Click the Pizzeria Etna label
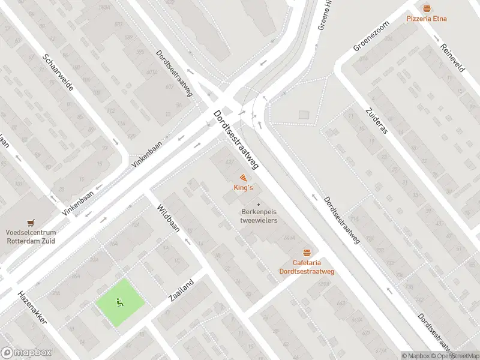pyautogui.click(x=427, y=19)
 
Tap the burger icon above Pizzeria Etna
pyautogui.click(x=427, y=8)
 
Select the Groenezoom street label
pyautogui.click(x=372, y=37)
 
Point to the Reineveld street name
pyautogui.click(x=453, y=58)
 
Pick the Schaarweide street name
pyautogui.click(x=58, y=72)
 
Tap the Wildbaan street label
pyautogui.click(x=169, y=219)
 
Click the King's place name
pyautogui.click(x=243, y=188)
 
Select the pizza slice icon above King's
pyautogui.click(x=243, y=178)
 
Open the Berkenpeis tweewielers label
pyautogui.click(x=259, y=216)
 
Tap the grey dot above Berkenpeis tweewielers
pyautogui.click(x=259, y=204)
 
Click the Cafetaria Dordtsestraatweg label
pyautogui.click(x=307, y=267)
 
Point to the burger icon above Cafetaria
pyautogui.click(x=307, y=253)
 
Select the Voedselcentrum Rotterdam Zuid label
pyautogui.click(x=31, y=236)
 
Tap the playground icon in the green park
pyautogui.click(x=121, y=302)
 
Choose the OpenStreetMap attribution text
pyautogui.click(x=454, y=356)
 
